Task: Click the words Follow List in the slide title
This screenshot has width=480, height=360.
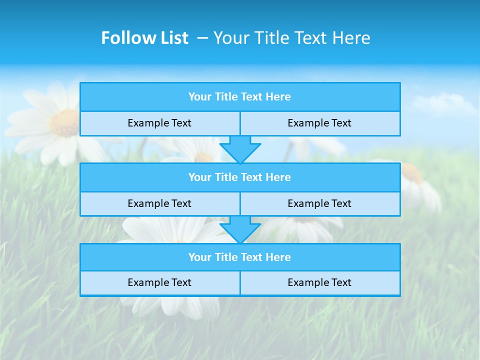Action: (144, 38)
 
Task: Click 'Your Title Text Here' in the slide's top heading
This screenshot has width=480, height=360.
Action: (292, 38)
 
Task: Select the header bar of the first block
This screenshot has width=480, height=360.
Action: (240, 97)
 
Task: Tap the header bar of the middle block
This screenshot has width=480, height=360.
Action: (240, 177)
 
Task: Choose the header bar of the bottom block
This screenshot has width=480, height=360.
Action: (240, 257)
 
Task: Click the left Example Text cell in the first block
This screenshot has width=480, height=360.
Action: (159, 123)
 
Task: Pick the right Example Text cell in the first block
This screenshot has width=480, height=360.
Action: (320, 123)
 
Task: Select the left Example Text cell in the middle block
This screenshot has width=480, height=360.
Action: (159, 204)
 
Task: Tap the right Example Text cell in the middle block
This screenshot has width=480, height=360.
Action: (320, 204)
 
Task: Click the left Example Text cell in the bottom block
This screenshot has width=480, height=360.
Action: (159, 283)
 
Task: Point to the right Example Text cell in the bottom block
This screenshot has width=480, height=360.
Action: (320, 283)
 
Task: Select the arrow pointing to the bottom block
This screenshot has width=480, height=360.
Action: (240, 229)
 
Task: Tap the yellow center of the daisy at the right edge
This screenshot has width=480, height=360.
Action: (412, 172)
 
